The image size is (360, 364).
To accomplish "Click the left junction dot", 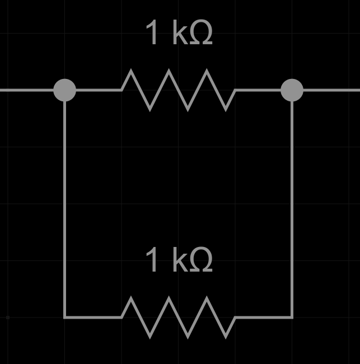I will pyautogui.click(x=64, y=90).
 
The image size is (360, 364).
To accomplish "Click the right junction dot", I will pyautogui.click(x=292, y=90).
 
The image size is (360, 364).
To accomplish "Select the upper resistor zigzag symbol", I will pyautogui.click(x=179, y=90).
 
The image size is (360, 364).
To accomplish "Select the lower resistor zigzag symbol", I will pyautogui.click(x=179, y=318).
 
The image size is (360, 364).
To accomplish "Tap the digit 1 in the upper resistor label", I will pyautogui.click(x=152, y=33).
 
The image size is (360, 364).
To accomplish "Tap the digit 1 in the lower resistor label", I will pyautogui.click(x=152, y=261).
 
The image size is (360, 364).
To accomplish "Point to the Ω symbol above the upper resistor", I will pyautogui.click(x=200, y=34).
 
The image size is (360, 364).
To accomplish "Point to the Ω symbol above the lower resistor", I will pyautogui.click(x=200, y=262).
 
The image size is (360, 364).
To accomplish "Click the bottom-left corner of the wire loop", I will pyautogui.click(x=65, y=318).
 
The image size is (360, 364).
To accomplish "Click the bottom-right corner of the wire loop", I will pyautogui.click(x=292, y=318).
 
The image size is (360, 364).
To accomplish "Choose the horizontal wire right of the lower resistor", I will pyautogui.click(x=264, y=318).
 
